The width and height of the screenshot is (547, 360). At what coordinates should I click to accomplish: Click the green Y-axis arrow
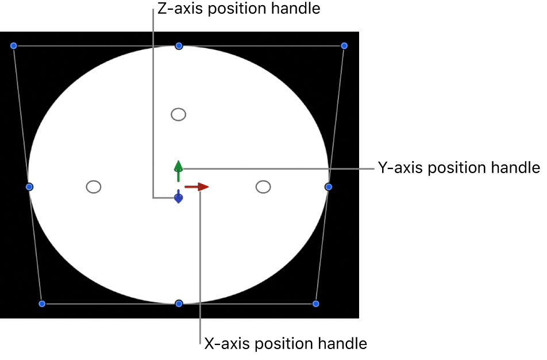(x=179, y=167)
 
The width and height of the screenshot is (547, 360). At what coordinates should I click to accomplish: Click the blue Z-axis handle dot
(x=179, y=198)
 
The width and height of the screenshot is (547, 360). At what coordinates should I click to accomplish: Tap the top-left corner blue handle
(x=14, y=45)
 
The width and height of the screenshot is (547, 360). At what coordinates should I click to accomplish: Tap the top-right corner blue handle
(x=344, y=45)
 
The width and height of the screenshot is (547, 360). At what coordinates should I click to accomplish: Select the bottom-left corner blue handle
(x=41, y=303)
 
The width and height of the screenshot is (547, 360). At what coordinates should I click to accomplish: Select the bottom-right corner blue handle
(x=316, y=303)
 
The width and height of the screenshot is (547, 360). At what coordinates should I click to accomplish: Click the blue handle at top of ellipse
(x=179, y=45)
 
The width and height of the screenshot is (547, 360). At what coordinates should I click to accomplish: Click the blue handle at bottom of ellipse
(x=179, y=303)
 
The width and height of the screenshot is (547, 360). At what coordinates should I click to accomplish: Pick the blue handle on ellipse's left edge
(x=29, y=187)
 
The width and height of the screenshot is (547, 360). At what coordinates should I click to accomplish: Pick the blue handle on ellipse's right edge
(x=328, y=187)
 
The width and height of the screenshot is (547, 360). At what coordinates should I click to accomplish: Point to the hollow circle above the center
(x=179, y=114)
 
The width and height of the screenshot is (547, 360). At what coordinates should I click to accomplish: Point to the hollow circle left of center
(x=93, y=187)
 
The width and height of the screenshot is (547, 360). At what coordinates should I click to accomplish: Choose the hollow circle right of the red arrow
(x=263, y=187)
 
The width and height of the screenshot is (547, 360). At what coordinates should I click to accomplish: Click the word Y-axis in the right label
(x=400, y=168)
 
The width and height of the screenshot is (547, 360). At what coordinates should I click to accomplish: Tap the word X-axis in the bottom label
(x=227, y=344)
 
